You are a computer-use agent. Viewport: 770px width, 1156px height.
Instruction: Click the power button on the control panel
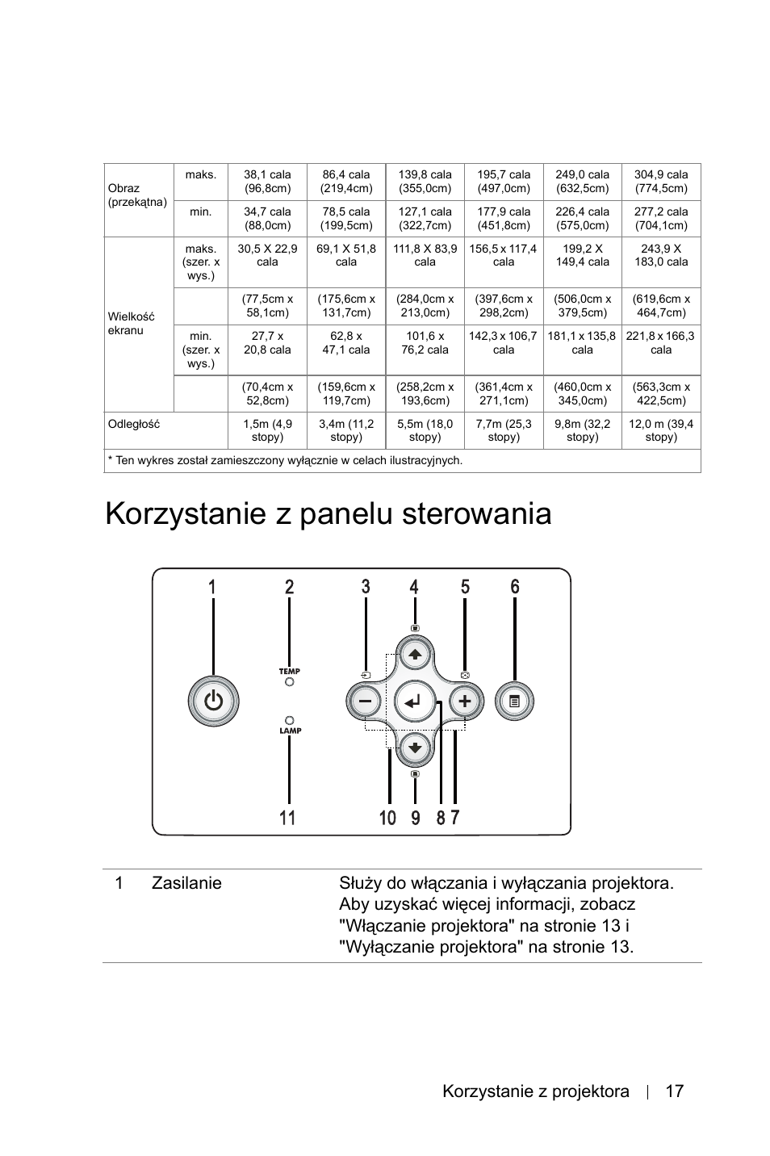tap(213, 701)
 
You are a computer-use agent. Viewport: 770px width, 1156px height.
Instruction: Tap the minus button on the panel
tap(366, 701)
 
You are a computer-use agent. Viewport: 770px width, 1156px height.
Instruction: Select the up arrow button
tap(415, 655)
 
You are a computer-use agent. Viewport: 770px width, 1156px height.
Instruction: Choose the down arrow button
tap(415, 747)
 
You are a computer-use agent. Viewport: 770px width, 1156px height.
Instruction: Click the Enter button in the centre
tap(415, 701)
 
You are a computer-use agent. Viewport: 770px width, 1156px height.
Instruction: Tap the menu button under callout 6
tap(515, 701)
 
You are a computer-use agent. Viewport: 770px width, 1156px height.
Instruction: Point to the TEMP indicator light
tap(289, 682)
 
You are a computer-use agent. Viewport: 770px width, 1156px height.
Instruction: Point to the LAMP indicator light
tap(289, 718)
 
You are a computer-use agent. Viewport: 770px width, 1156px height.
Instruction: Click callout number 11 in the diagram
tap(287, 818)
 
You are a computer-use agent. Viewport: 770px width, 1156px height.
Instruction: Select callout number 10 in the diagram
tap(387, 818)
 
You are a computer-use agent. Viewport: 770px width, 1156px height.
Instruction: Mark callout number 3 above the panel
tap(366, 587)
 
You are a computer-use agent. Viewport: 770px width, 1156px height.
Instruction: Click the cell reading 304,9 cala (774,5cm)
tap(660, 182)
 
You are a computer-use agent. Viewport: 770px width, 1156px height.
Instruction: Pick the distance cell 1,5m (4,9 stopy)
tap(267, 430)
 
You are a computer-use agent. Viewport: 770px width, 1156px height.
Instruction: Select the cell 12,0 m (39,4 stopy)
tap(660, 430)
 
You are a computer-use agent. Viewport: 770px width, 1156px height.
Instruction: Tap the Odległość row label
tap(134, 424)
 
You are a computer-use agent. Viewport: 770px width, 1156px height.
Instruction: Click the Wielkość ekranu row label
tap(131, 324)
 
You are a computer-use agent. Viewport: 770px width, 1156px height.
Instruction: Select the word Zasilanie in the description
tap(186, 883)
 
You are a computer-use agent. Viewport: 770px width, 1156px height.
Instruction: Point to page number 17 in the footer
tap(675, 1091)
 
